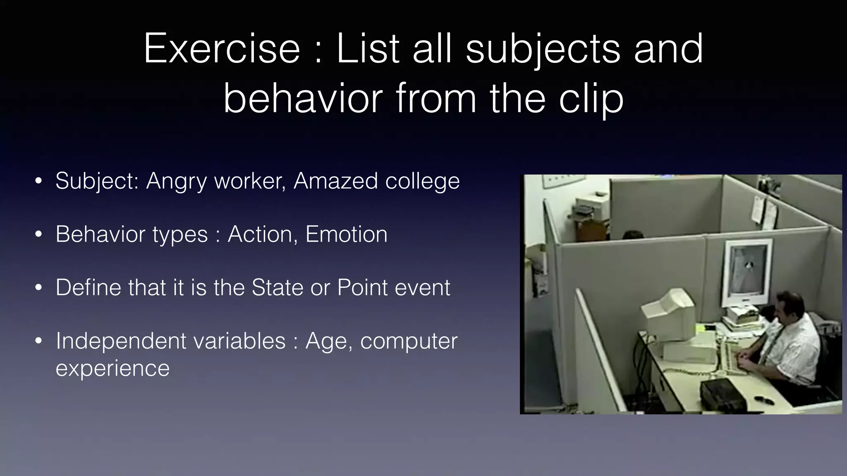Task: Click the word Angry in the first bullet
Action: pyautogui.click(x=176, y=181)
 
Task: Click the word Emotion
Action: pyautogui.click(x=346, y=234)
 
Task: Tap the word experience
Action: pyautogui.click(x=112, y=368)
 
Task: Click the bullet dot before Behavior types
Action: pyautogui.click(x=38, y=235)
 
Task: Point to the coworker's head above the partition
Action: pyautogui.click(x=633, y=235)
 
